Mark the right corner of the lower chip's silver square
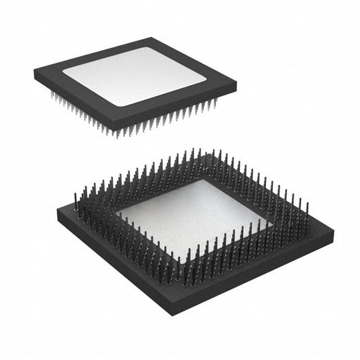click(x=269, y=222)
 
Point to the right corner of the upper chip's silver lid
click(x=207, y=81)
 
